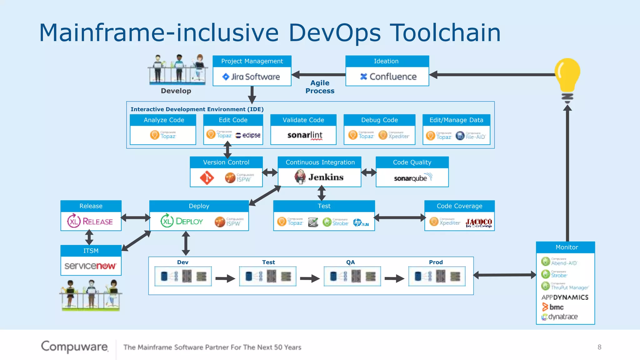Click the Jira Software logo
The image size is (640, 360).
tap(251, 77)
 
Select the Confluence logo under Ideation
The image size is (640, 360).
tap(388, 77)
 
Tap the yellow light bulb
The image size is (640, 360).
tap(567, 75)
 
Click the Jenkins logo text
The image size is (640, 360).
tap(326, 177)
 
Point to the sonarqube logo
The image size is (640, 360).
tap(412, 178)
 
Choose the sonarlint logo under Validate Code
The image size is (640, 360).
tap(305, 135)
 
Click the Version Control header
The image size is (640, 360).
tap(226, 162)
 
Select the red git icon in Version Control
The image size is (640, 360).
tap(207, 178)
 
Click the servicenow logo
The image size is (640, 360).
tap(91, 266)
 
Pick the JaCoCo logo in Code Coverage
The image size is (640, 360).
tap(478, 222)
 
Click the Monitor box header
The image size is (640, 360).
tap(566, 247)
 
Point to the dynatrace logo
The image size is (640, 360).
tap(560, 317)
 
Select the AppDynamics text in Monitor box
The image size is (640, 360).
tap(565, 297)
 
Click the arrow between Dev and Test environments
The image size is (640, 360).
tap(225, 278)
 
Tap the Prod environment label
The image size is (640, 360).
tap(436, 262)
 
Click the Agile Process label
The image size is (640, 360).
tap(320, 87)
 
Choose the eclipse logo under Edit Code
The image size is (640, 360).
tap(248, 135)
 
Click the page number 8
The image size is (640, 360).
tap(599, 347)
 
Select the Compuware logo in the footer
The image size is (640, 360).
tap(75, 347)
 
